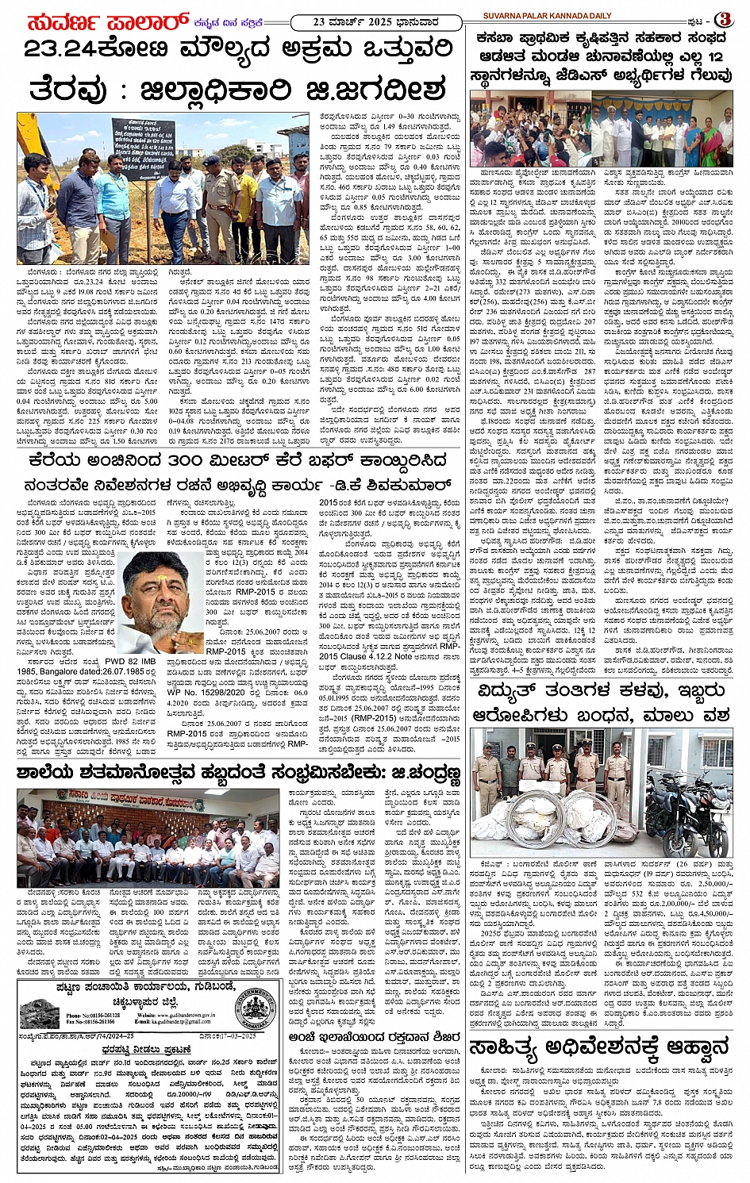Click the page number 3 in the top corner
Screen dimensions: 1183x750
tap(723, 18)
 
